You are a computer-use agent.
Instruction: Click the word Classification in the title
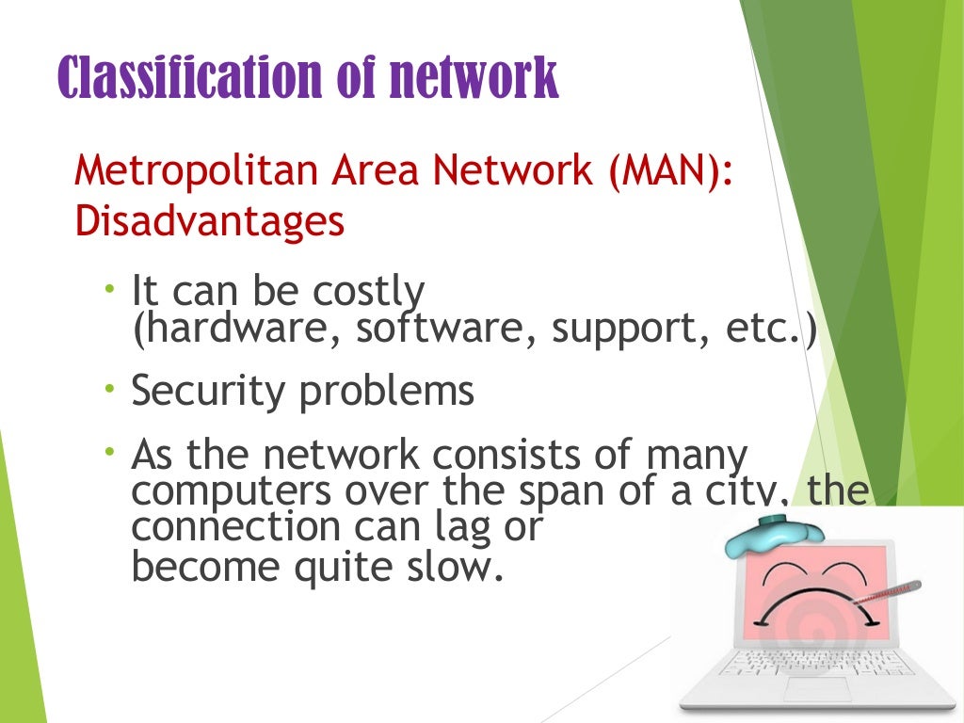[183, 76]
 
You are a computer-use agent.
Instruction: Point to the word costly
[366, 293]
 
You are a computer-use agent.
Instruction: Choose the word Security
[209, 390]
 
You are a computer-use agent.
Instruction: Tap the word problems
[387, 390]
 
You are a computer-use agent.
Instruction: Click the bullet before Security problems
[111, 387]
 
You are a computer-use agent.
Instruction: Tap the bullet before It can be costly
[111, 286]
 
